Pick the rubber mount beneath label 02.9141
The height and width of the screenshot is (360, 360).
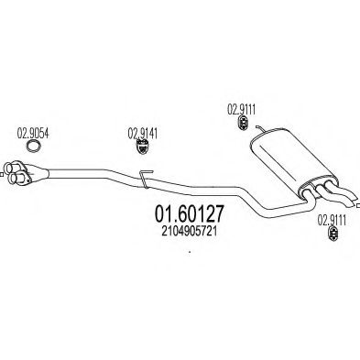pyautogui.click(x=141, y=146)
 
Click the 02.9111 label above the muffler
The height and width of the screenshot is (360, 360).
pyautogui.click(x=242, y=105)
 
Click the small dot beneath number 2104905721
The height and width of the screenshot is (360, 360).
pyautogui.click(x=187, y=253)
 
